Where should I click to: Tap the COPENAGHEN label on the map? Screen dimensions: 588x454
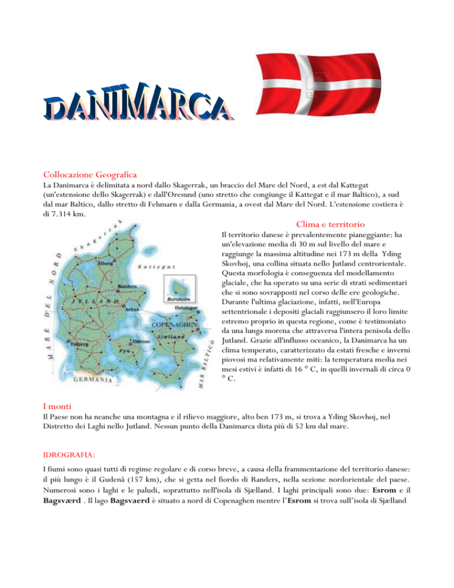175,325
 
